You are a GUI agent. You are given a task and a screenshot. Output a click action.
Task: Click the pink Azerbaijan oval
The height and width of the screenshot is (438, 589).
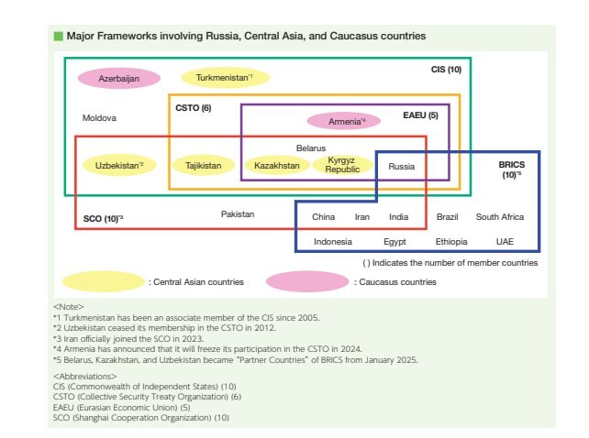119,79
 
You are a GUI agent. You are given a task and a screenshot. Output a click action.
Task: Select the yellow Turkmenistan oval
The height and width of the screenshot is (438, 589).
225,78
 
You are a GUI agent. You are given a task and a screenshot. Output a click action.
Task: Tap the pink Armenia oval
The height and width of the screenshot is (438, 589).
344,121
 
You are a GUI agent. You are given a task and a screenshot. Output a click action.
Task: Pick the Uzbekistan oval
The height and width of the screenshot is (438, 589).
119,166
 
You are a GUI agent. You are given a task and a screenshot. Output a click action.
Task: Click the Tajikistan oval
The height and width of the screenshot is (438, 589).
204,166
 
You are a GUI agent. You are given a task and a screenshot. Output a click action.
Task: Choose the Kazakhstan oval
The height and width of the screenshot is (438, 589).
277,166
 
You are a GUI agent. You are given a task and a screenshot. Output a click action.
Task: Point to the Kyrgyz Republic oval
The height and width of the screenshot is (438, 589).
342,165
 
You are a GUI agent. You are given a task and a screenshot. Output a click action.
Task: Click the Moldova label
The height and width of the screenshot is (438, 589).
100,118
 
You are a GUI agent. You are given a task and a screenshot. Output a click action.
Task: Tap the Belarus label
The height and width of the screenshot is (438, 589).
311,148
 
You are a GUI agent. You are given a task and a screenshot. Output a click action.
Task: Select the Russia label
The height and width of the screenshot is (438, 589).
402,166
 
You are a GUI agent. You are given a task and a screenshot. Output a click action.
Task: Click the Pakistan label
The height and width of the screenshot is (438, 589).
238,214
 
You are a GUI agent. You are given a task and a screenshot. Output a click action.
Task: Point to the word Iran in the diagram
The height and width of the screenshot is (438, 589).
362,216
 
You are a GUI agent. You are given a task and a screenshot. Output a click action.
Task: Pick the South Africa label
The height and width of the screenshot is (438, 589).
500,216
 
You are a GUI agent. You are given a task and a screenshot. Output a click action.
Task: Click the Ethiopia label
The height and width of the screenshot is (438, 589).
451,241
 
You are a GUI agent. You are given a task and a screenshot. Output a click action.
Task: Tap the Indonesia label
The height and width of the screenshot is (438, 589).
333,241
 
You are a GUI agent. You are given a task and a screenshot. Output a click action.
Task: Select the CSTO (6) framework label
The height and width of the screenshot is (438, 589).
194,108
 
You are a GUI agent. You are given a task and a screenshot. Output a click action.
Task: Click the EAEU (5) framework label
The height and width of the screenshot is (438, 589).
421,115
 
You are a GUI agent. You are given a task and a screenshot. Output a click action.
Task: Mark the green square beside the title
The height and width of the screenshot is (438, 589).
58,36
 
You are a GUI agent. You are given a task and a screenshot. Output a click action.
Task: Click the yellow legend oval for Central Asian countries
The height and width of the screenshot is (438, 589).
104,281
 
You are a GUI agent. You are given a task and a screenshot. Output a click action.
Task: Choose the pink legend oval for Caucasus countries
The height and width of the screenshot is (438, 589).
307,281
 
